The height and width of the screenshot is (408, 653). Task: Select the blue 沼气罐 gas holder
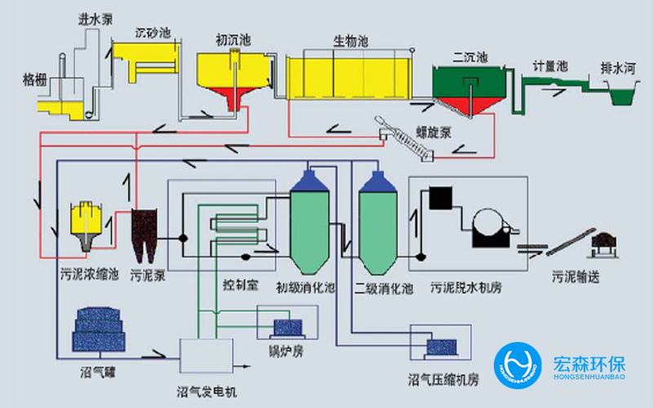[x=96, y=332]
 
